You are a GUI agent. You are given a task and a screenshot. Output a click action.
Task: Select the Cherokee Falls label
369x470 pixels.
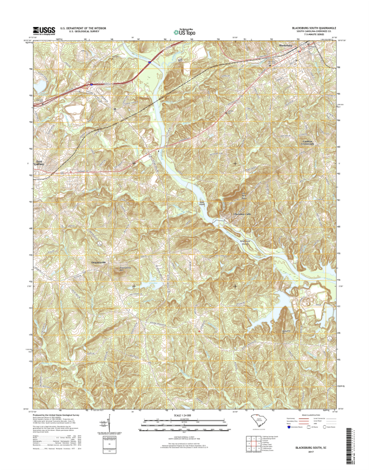[x=244, y=213]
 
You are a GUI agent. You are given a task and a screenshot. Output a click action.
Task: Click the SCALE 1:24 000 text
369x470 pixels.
[x=184, y=415]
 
